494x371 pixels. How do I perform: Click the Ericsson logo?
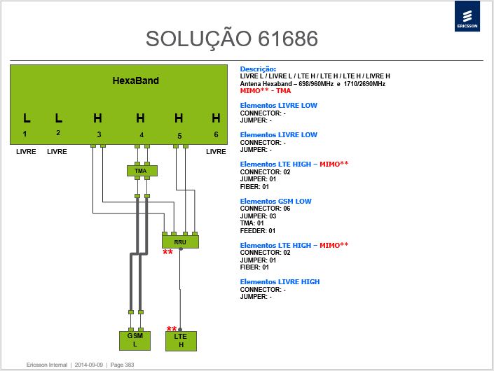tap(467, 16)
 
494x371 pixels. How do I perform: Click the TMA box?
tap(142, 171)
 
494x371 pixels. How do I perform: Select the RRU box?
tap(180, 241)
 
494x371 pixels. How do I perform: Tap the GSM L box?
tap(135, 340)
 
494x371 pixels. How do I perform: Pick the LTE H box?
tap(181, 341)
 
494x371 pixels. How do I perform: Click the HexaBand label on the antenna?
tap(136, 80)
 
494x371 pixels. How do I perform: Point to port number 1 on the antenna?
tap(25, 134)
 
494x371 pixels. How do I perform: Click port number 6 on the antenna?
tap(216, 134)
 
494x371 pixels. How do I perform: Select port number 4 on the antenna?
tap(142, 135)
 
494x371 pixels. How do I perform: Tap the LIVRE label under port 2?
tap(57, 152)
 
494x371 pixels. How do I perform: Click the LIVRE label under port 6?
tap(216, 152)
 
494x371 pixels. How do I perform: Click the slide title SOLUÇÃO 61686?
tap(232, 38)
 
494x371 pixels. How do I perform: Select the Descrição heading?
tap(258, 69)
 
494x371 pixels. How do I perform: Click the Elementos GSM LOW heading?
tap(275, 201)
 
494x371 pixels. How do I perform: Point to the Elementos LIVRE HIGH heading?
tap(280, 281)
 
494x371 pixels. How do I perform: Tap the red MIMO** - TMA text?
tap(266, 91)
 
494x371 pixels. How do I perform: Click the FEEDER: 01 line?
tap(258, 231)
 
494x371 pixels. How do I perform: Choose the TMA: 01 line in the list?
tap(252, 223)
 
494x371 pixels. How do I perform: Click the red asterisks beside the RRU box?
tap(168, 252)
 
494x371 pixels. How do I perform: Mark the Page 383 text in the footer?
tap(122, 365)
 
